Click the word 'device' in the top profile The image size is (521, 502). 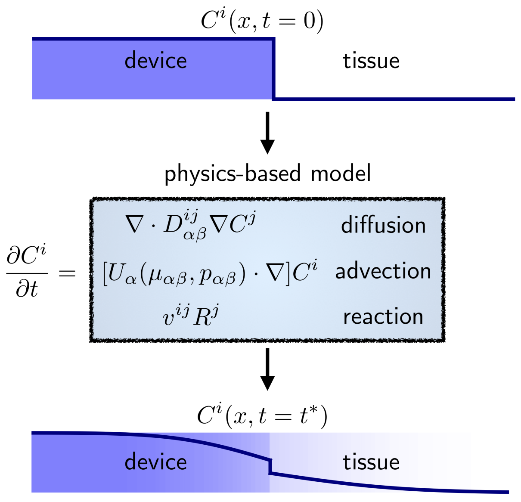click(155, 61)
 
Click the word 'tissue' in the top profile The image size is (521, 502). click(371, 61)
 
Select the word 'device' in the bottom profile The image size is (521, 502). click(155, 462)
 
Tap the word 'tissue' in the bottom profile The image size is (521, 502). click(371, 462)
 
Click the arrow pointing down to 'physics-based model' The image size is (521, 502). click(268, 133)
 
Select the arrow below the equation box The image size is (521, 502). click(268, 369)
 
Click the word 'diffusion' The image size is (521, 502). click(383, 225)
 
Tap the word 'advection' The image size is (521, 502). click(383, 271)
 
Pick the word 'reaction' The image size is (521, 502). click(383, 317)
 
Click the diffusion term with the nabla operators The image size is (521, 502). click(190, 225)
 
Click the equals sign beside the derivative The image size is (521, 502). click(67, 273)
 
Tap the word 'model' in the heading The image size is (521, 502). click(341, 174)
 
